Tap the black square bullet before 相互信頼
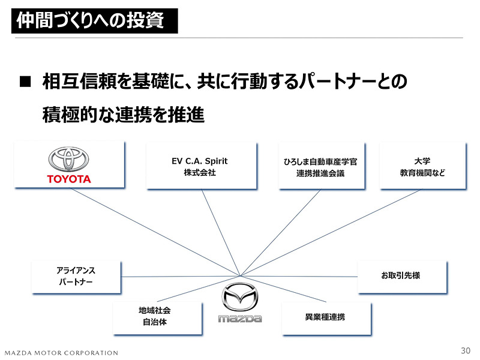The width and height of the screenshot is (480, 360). pyautogui.click(x=25, y=83)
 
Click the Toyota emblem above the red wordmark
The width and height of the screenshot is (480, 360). pyautogui.click(x=68, y=159)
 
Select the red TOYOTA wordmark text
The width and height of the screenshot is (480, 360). pyautogui.click(x=69, y=179)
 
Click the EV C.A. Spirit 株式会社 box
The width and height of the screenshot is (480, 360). pyautogui.click(x=200, y=166)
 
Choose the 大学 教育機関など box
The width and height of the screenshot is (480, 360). pyautogui.click(x=422, y=166)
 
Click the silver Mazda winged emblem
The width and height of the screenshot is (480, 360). pyautogui.click(x=239, y=297)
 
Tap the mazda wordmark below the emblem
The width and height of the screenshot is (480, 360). pyautogui.click(x=239, y=318)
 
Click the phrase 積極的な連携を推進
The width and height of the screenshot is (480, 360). pyautogui.click(x=124, y=114)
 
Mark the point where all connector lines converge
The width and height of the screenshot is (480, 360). pyautogui.click(x=241, y=276)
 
